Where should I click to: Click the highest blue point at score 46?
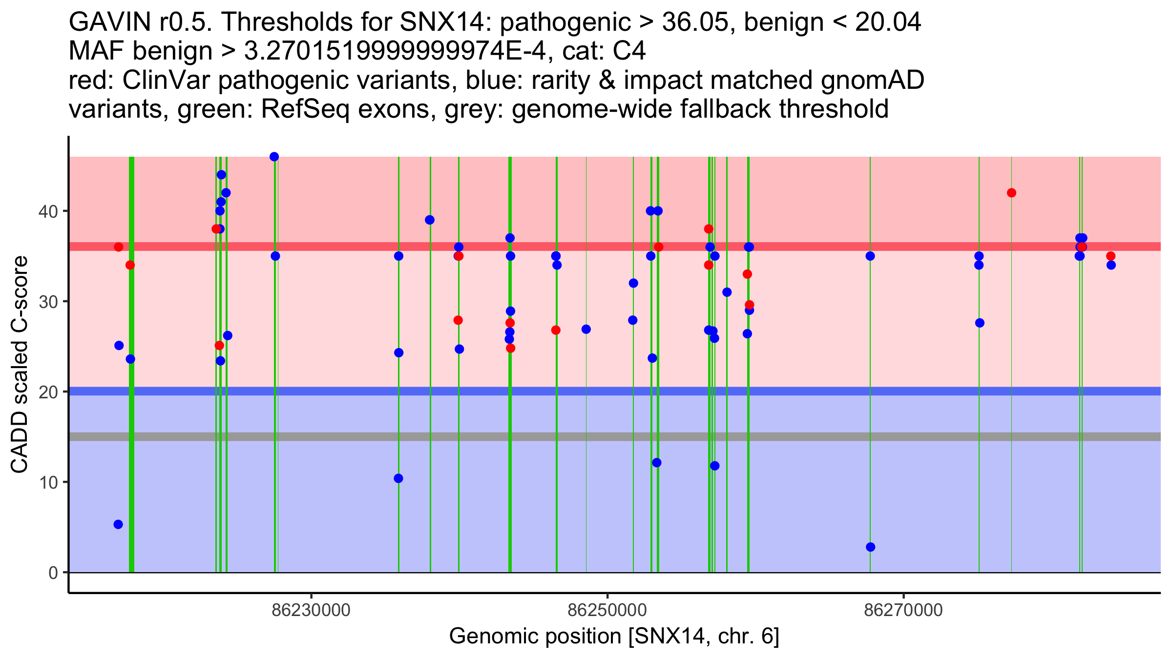coord(274,157)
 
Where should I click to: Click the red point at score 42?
coord(1011,193)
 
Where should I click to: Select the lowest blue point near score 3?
coord(870,547)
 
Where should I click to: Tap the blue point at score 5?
coord(118,524)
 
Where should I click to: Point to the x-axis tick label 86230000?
coord(311,610)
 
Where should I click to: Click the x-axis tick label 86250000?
coord(607,610)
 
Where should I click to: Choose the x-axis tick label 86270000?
coord(903,610)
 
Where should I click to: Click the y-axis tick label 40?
coord(47,211)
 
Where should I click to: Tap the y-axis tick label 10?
coord(47,483)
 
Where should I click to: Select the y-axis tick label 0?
coord(53,573)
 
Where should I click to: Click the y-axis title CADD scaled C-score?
coord(20,365)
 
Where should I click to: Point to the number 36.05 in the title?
coord(693,22)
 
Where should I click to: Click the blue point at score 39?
coord(430,220)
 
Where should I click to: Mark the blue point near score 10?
coord(398,478)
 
